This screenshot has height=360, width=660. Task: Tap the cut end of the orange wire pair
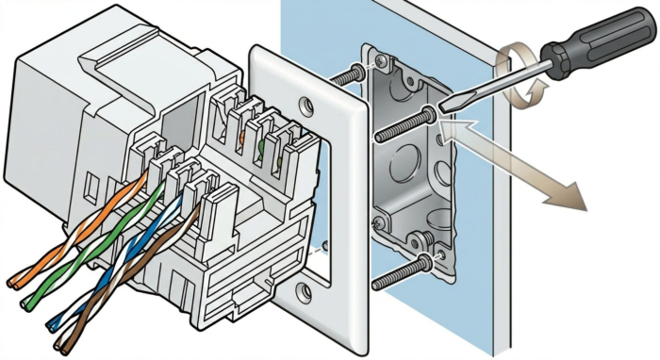(x=13, y=279)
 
